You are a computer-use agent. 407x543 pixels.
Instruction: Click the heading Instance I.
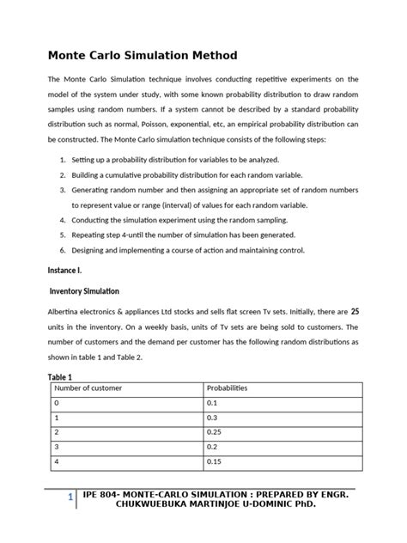click(66, 270)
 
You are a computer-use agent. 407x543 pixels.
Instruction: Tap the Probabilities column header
click(227, 388)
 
